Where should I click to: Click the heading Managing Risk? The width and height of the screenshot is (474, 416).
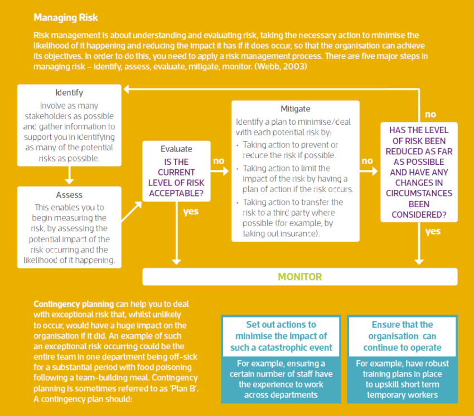66,18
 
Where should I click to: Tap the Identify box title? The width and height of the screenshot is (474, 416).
69,92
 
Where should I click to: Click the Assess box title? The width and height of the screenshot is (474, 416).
69,195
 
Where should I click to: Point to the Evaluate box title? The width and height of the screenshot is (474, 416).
176,149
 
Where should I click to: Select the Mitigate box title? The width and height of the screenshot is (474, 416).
296,109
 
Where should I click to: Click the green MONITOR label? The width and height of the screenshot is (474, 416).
300,277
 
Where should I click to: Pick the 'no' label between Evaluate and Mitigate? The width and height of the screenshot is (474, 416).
219,160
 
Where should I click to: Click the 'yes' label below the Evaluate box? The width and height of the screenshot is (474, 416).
191,212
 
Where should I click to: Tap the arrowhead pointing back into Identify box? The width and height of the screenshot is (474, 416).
127,89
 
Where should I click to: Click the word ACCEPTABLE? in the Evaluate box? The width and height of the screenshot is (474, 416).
176,194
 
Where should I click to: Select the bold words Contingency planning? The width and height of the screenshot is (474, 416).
74,304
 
